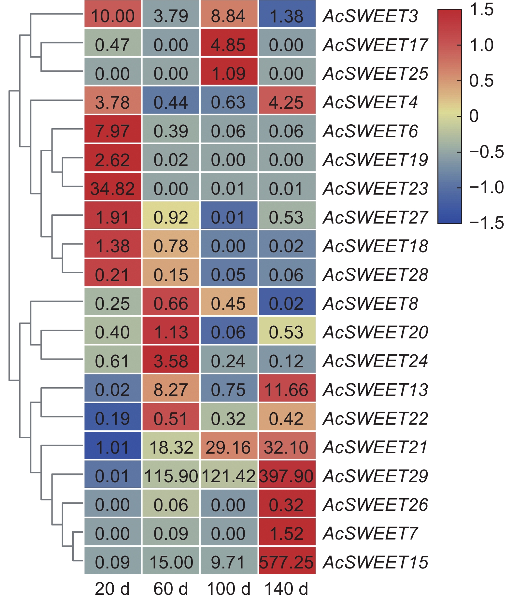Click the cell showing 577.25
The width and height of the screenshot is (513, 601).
[x=287, y=562]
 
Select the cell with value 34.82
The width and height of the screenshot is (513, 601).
[x=113, y=189]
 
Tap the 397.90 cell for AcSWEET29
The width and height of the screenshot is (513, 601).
[x=287, y=476]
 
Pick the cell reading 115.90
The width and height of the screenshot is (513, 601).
[x=171, y=476]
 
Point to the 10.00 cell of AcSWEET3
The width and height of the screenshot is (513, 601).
[x=113, y=16]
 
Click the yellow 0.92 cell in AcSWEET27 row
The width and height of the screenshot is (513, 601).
[x=171, y=217]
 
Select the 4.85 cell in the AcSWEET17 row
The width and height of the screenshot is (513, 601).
[x=228, y=45]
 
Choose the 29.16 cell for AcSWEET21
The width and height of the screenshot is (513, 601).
[x=228, y=447]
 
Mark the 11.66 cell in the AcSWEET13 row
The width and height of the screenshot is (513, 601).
[x=287, y=389]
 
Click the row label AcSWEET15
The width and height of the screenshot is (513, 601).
[x=375, y=562]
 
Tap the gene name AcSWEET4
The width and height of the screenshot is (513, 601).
[x=370, y=102]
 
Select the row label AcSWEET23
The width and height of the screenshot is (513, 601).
[x=375, y=189]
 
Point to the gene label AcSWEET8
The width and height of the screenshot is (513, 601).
[x=370, y=303]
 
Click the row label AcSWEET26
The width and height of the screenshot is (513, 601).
[x=375, y=504]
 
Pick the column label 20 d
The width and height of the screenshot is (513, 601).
[x=112, y=589]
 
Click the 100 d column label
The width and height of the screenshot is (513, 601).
[x=228, y=589]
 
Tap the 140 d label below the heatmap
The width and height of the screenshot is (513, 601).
[x=286, y=589]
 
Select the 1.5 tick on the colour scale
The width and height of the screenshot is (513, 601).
[x=481, y=10]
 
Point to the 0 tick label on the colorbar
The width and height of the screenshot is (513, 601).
[x=474, y=116]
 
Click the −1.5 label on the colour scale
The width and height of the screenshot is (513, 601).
[x=486, y=223]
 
